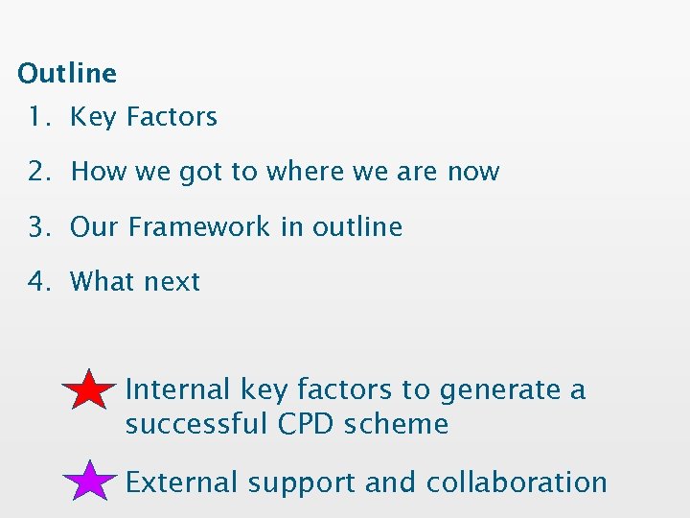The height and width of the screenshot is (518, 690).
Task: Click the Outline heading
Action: (x=67, y=73)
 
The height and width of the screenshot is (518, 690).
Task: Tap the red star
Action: (x=90, y=390)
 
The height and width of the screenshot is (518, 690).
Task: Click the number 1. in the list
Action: (x=39, y=117)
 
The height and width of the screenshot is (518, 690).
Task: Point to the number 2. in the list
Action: (x=39, y=172)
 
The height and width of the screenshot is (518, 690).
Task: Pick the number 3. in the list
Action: (x=39, y=227)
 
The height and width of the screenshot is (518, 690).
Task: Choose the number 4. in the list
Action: (x=39, y=282)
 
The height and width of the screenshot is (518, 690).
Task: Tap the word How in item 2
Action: (x=99, y=172)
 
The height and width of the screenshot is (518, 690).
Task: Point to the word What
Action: (x=102, y=282)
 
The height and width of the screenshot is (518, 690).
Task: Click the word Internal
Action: (x=178, y=389)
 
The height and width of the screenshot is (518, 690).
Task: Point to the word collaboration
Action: (x=517, y=482)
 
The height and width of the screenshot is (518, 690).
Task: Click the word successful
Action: (x=196, y=424)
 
